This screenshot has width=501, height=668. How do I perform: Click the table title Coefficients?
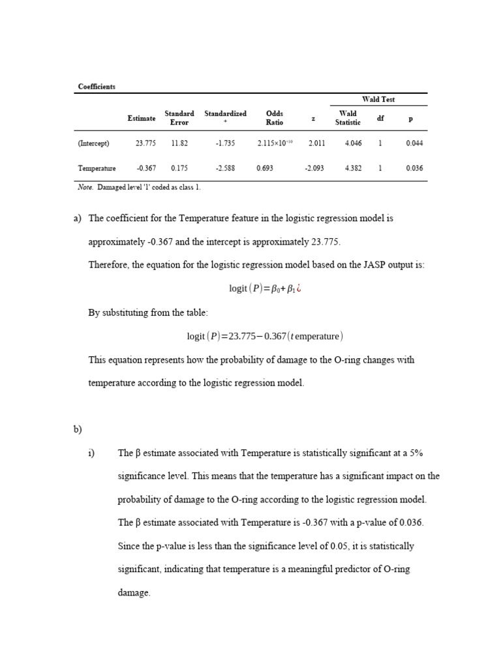[x=97, y=87]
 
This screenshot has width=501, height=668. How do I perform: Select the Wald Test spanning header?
[x=378, y=99]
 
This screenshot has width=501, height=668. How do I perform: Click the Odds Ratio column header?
[x=275, y=117]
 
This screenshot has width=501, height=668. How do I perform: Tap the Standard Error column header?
[x=179, y=117]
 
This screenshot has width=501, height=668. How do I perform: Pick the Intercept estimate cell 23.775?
[x=145, y=144]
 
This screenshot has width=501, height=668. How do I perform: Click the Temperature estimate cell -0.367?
[x=145, y=168]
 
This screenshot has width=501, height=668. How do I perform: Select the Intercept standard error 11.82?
[x=179, y=144]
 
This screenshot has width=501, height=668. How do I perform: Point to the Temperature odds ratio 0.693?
[x=265, y=168]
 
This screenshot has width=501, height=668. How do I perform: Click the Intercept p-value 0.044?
[x=414, y=144]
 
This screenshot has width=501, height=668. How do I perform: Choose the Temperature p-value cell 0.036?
[x=414, y=168]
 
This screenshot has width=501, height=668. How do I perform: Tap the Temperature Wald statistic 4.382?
[x=353, y=168]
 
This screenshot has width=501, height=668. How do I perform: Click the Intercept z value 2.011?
[x=316, y=144]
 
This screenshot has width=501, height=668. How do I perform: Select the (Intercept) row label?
[x=94, y=144]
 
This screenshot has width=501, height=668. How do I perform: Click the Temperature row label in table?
[x=97, y=168]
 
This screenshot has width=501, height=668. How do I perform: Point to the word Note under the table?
[x=85, y=187]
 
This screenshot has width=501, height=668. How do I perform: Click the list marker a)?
[x=78, y=219]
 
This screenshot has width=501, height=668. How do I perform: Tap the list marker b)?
[x=78, y=429]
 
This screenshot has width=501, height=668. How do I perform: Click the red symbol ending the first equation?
[x=299, y=289]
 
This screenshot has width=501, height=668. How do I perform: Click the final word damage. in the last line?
[x=134, y=593]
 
